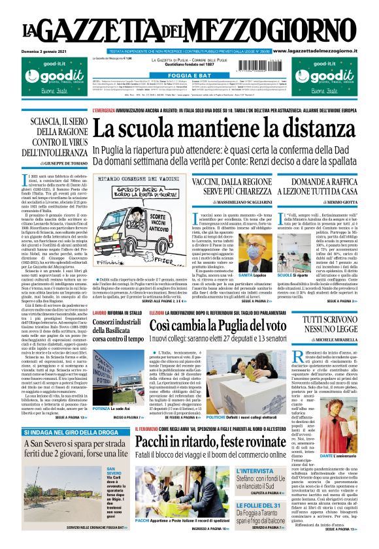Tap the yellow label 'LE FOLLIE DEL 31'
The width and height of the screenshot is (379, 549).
[259, 505]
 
